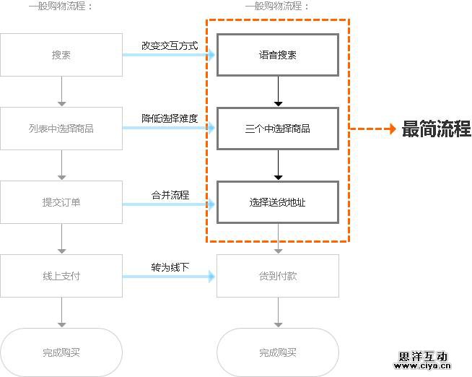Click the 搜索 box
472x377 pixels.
pos(61,55)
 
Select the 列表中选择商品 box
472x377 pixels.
pos(61,129)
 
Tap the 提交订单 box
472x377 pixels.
pos(61,202)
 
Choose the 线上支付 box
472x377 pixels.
pos(61,276)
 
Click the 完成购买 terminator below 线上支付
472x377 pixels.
pos(61,352)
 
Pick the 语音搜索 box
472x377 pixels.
pos(278,55)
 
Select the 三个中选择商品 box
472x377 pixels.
pos(278,129)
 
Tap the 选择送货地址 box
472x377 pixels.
pos(278,202)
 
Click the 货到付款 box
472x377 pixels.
pos(278,276)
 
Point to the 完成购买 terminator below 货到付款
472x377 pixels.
pos(278,352)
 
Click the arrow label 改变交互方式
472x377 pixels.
pos(170,45)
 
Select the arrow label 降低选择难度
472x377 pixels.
pos(170,118)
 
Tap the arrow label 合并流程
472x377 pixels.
pos(170,195)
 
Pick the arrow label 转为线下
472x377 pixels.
pos(170,267)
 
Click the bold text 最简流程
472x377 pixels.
pos(436,130)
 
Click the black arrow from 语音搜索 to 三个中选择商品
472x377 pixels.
pos(278,92)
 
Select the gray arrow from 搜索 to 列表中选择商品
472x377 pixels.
pos(61,92)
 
